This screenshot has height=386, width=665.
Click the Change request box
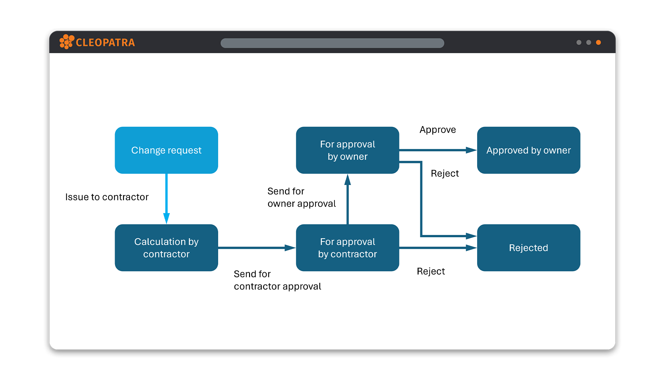[x=166, y=150]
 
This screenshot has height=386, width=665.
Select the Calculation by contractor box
[x=166, y=248]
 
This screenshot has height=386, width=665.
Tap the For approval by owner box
[x=347, y=150]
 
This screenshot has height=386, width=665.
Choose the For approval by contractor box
[x=347, y=248]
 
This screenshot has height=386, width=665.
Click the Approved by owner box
[x=528, y=150]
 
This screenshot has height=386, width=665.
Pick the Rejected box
[x=528, y=248]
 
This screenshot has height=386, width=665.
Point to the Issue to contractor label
[x=107, y=197]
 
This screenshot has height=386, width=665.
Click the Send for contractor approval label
[x=277, y=280]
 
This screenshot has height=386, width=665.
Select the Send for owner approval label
[x=302, y=197]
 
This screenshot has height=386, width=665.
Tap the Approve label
[x=438, y=130]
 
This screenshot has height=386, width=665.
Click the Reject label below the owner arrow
[x=445, y=173]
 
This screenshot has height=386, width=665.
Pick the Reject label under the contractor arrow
[x=431, y=271]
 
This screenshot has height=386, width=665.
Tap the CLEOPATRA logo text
[x=105, y=43]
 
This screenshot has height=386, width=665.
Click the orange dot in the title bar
[x=598, y=42]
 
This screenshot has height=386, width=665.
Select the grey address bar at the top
[x=332, y=43]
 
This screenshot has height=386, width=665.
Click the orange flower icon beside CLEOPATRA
[x=66, y=42]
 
